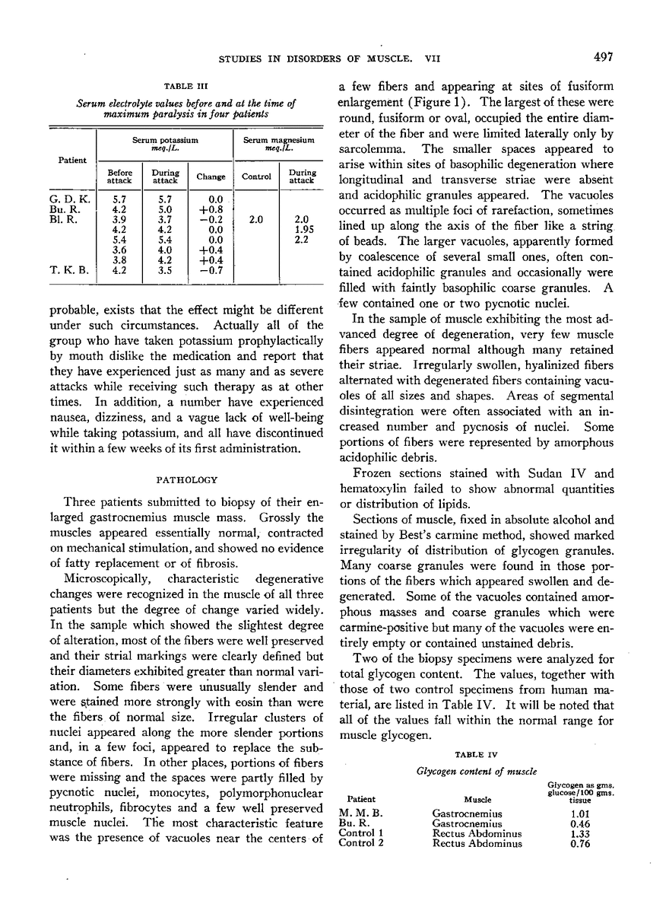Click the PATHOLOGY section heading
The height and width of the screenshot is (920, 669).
point(186,480)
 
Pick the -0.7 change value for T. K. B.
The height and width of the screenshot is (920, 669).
point(211,269)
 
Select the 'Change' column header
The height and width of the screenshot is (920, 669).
point(211,176)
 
